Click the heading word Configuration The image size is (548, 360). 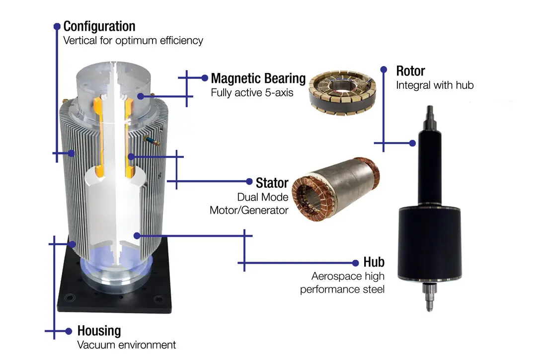[99, 26]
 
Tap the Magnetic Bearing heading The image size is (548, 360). [258, 78]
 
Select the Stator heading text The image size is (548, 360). [272, 183]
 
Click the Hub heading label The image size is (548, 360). [374, 262]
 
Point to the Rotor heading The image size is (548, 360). [410, 71]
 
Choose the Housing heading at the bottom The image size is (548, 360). [99, 330]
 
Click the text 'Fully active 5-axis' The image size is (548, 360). [252, 92]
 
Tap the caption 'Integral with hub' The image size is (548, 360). [435, 85]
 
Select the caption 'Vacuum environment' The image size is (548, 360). [127, 345]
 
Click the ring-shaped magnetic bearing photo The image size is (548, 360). [342, 92]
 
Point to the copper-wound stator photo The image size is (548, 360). [336, 190]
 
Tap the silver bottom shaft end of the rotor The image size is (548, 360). [430, 297]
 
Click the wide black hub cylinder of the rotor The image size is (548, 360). [430, 243]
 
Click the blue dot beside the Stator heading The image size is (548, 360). [249, 181]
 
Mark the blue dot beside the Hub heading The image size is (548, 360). [355, 263]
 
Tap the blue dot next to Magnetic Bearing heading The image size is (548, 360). [205, 78]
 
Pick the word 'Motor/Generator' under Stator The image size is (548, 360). [249, 210]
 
